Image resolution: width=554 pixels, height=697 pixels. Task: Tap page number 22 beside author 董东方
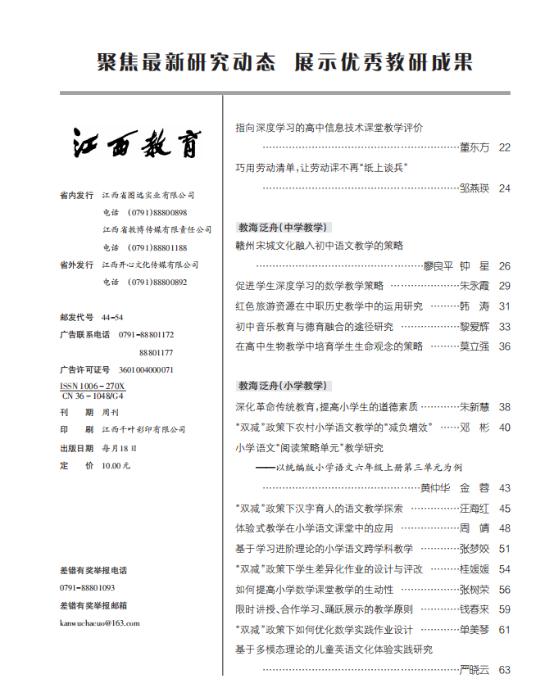point(504,148)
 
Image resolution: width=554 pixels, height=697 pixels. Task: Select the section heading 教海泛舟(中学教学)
point(283,227)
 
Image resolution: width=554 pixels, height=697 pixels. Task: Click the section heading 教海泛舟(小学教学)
point(283,385)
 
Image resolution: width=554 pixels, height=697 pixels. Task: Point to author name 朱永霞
point(474,287)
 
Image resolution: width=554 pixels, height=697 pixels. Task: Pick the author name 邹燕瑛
point(474,188)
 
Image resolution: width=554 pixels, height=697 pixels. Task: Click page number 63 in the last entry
point(504,670)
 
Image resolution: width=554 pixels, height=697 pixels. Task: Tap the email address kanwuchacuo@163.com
point(100,622)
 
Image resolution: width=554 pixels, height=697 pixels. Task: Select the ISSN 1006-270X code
point(93,385)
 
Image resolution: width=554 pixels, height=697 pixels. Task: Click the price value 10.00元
point(116,465)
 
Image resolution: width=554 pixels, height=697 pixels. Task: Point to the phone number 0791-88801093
point(88,587)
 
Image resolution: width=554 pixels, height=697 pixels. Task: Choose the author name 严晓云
point(474,670)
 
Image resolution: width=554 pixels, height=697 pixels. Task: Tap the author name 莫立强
point(474,346)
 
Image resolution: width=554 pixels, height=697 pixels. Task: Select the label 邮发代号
point(77,317)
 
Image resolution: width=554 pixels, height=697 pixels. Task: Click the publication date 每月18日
point(120,448)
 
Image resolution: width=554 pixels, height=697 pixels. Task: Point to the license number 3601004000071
point(146,369)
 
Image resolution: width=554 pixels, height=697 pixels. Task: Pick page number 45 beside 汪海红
point(504,509)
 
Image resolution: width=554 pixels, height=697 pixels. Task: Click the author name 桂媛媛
point(474,569)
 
